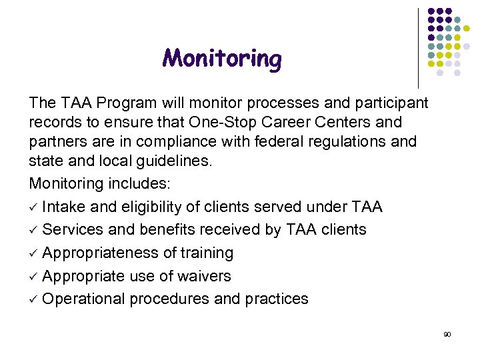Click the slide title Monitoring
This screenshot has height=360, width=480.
tap(222, 59)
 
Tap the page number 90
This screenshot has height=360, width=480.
tap(447, 334)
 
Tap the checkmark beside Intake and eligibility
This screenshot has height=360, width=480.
tap(33, 207)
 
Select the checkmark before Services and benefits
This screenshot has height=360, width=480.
tap(33, 230)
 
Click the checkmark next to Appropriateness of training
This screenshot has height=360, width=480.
tap(33, 253)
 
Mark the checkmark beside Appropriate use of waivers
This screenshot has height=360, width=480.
tap(33, 276)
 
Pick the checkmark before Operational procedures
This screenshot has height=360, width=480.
tap(33, 299)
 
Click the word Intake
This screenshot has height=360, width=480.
tap(65, 207)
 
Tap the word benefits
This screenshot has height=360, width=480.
tap(169, 229)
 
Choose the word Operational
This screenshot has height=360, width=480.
tap(85, 299)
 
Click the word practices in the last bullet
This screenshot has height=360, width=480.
tap(280, 299)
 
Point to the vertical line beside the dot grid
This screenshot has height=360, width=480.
tap(418, 47)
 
